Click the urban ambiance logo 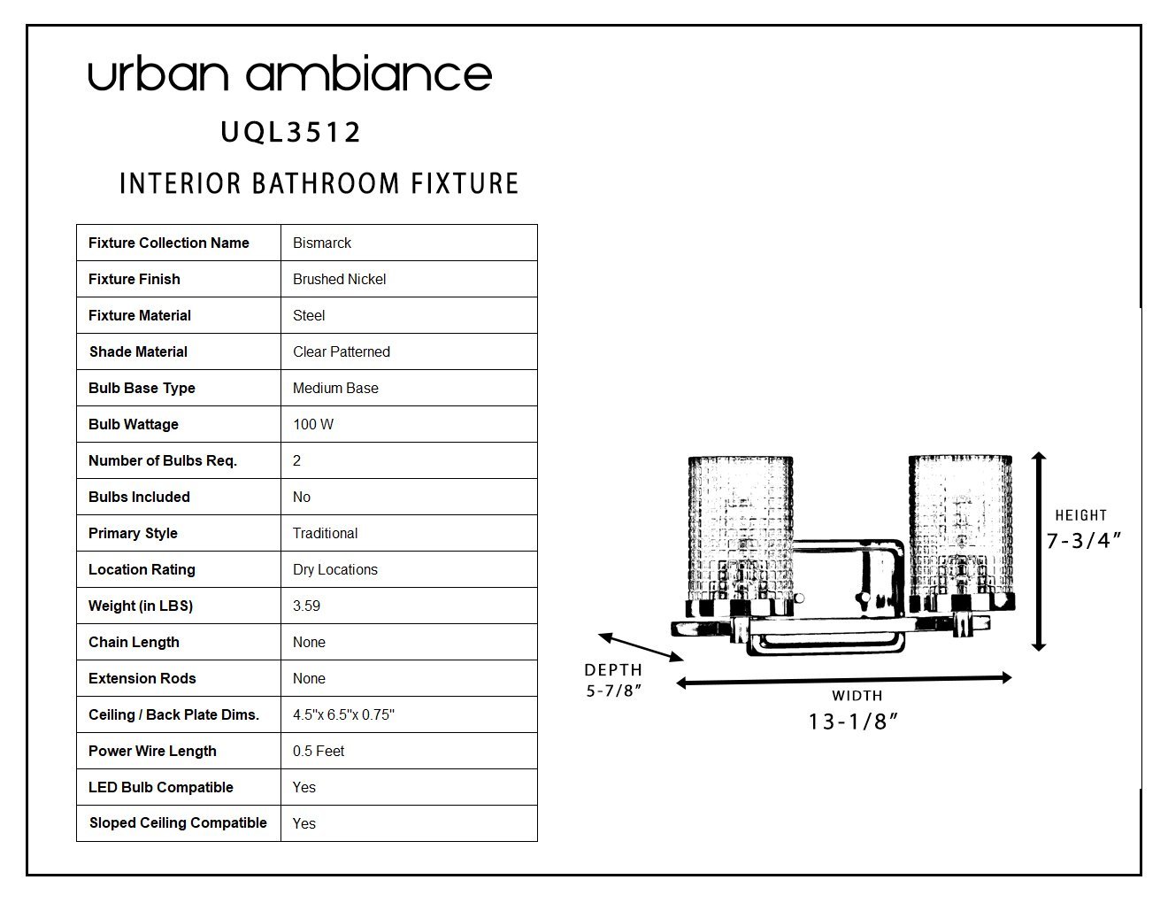pos(289,73)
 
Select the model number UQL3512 pos(290,132)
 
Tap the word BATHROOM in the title pos(327,183)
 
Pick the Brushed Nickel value pos(339,279)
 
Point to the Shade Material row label pos(138,351)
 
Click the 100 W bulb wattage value pos(313,424)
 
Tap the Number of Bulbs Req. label pos(162,461)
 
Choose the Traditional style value pos(325,534)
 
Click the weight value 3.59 pos(306,606)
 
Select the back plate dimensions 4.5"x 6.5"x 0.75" pos(343,714)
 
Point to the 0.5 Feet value pos(319,752)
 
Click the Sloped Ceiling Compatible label pos(178,822)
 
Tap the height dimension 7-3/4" pos(1083,541)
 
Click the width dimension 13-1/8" pos(853,722)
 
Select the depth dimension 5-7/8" pos(613,691)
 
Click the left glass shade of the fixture pos(741,535)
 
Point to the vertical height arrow pos(1039,552)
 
